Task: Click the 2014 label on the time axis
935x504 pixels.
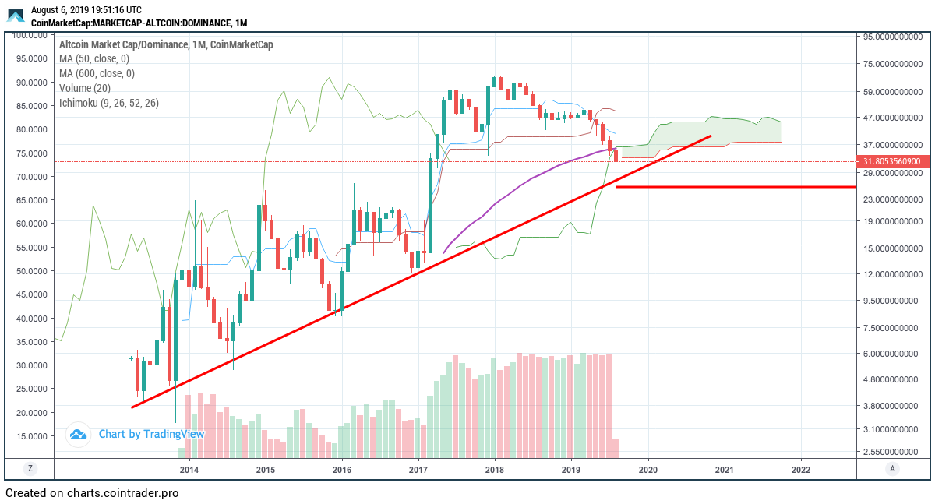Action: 189,470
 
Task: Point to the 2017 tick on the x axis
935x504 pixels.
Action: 418,470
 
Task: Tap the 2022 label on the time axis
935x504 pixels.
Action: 801,470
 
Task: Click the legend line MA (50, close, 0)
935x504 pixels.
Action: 94,58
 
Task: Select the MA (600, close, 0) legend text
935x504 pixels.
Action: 97,73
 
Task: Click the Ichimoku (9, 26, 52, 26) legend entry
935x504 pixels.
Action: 109,103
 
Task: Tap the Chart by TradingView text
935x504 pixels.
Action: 151,434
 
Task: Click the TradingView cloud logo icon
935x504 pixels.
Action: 78,435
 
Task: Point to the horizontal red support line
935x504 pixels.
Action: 732,187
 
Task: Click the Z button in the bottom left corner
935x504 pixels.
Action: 30,469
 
